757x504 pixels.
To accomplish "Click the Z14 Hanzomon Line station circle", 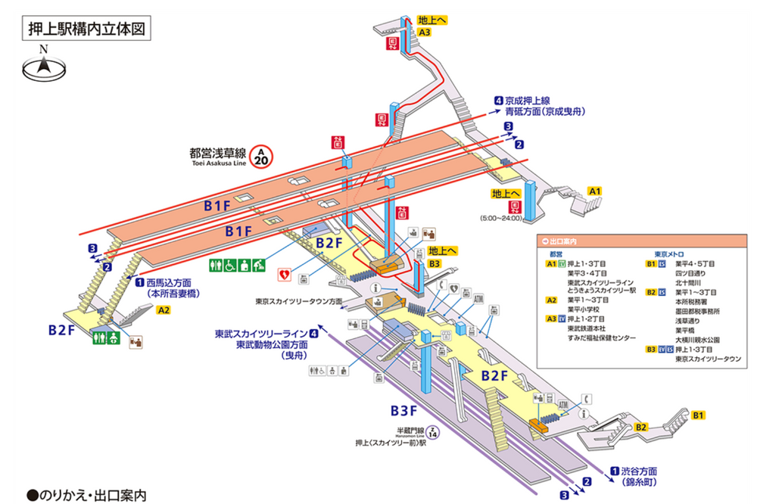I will tap(432, 434).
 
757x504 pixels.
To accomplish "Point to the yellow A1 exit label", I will tap(595, 191).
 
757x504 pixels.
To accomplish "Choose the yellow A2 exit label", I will tap(164, 310).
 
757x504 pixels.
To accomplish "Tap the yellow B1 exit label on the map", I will tap(699, 415).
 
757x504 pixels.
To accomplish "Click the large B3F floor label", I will tap(404, 410).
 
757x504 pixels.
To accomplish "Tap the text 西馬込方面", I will tap(163, 283).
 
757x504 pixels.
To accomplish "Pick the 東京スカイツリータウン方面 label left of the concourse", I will tap(298, 301).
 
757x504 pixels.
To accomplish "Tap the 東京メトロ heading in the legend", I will tap(671, 254).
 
